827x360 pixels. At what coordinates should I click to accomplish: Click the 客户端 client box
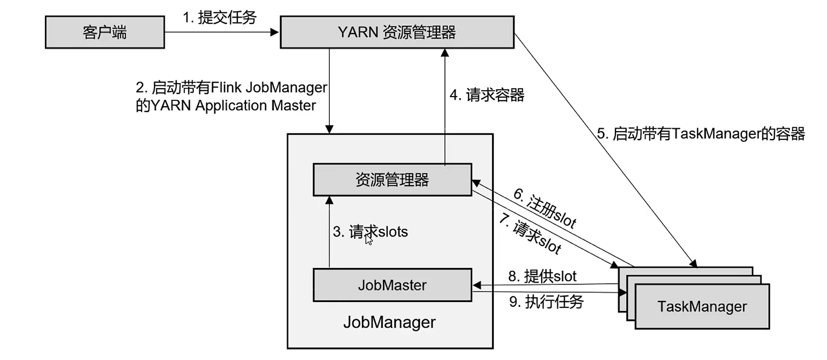pos(105,32)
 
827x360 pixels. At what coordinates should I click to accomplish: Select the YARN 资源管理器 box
pos(397,32)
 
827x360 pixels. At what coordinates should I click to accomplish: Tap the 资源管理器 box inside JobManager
pos(392,180)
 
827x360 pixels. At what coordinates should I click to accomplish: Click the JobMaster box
pos(392,285)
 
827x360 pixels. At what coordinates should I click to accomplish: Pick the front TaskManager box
pos(702,307)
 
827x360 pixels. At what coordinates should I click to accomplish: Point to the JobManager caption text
pos(389,322)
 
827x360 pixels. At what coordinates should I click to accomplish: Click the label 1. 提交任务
pos(219,18)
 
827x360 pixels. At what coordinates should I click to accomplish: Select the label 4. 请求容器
pos(487,95)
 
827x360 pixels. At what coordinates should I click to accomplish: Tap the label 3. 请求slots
pos(370,232)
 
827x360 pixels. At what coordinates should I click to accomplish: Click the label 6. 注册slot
pos(545,208)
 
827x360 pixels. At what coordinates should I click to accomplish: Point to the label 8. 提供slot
pos(542,276)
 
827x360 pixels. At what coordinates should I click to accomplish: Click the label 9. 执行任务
pos(546,302)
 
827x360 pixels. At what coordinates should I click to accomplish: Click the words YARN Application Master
pos(233,106)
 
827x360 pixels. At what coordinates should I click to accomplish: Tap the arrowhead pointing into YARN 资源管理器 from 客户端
pos(274,32)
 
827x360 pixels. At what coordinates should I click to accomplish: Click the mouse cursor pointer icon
pos(369,240)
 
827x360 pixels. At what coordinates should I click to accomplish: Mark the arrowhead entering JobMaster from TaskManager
pos(477,285)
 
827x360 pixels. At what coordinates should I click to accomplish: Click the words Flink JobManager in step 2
pos(269,87)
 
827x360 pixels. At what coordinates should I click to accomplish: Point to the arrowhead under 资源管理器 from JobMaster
pos(329,200)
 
